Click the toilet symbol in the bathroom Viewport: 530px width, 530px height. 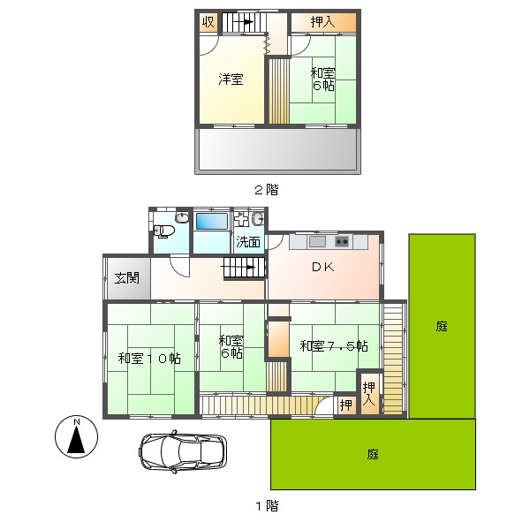[163, 231]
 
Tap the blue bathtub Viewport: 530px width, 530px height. [212, 222]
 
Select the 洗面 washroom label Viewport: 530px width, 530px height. [248, 242]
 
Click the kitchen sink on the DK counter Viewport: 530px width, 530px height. [317, 242]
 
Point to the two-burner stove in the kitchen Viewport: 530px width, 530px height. [342, 242]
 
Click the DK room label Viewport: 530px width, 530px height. [323, 267]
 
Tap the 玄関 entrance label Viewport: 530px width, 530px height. [126, 278]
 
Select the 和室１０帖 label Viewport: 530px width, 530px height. [149, 359]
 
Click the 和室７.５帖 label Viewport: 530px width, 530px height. [334, 345]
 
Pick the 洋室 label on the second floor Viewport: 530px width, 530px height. [231, 79]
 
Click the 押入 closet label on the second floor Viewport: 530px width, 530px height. [323, 22]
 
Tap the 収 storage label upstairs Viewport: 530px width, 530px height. [208, 22]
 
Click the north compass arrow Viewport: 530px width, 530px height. [76, 439]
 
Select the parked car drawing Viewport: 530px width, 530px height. [183, 451]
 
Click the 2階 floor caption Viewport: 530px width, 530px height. [267, 190]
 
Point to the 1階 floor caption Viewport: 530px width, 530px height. [267, 505]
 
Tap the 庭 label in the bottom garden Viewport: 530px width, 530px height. [373, 454]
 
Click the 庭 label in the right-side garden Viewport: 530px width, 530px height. [442, 326]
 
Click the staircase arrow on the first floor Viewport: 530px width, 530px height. [238, 268]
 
